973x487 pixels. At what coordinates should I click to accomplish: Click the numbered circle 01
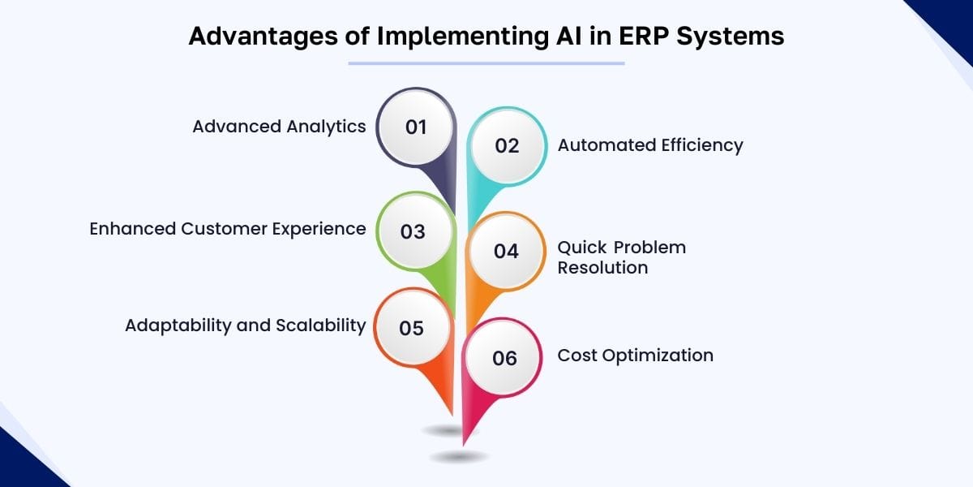point(416,127)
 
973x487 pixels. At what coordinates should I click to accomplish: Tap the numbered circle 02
point(507,146)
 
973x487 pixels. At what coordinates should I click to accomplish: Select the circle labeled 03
point(414,232)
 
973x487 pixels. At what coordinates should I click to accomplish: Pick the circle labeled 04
point(506,252)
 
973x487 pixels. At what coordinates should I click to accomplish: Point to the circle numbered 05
point(412,329)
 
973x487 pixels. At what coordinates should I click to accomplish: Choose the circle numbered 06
point(504,358)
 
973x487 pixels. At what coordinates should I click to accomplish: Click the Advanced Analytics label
point(279,127)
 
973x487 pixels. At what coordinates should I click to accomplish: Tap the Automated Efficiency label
point(650,145)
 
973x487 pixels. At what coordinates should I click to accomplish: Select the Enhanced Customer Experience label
point(227,229)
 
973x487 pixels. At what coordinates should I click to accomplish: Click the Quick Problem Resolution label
point(621,257)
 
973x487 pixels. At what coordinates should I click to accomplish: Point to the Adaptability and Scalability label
point(245,325)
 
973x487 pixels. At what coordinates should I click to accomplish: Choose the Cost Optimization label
point(635,356)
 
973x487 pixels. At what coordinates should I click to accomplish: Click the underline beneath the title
point(486,62)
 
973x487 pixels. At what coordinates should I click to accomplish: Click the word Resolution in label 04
point(602,268)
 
